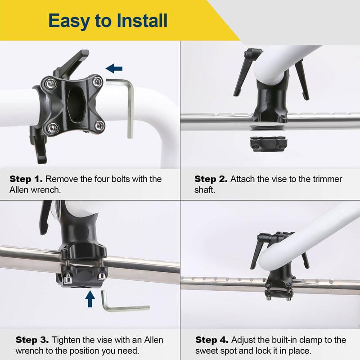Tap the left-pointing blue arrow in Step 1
114,68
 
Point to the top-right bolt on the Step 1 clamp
97,81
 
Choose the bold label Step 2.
211,179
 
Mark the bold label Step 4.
211,340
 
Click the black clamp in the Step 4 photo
278,283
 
